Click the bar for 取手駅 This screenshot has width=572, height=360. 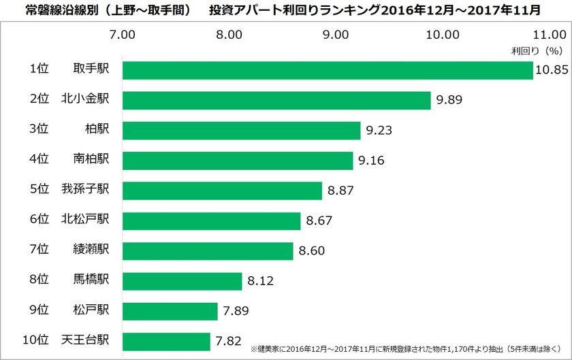[327, 70]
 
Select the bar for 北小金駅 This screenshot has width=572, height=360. [276, 100]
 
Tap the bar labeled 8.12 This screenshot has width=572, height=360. [182, 281]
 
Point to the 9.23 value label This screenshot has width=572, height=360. [379, 131]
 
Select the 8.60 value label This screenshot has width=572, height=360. [312, 251]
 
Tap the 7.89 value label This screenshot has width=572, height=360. [236, 311]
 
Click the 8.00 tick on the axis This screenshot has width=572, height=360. [229, 34]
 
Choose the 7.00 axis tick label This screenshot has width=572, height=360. [122, 34]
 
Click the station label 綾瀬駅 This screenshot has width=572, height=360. [92, 250]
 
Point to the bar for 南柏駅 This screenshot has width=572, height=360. [238, 161]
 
